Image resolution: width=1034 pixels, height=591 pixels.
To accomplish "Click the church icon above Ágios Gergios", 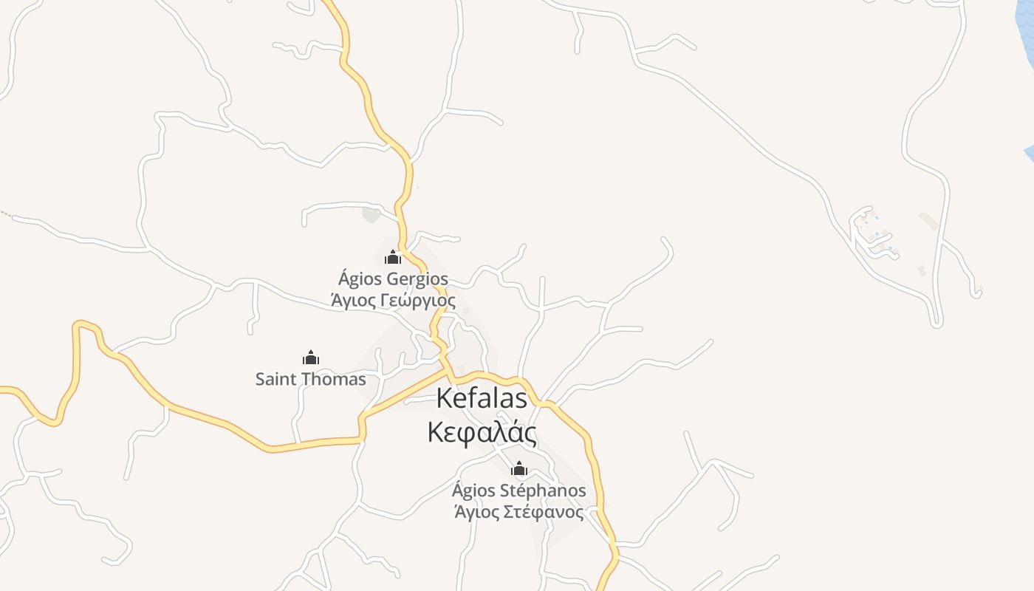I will point(393,257).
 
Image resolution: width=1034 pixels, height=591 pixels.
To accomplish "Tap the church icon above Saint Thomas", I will point(311,358).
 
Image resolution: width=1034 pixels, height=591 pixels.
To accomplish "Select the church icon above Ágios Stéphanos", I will point(519,468).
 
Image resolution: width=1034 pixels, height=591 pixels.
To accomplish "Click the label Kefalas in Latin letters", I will point(482,398).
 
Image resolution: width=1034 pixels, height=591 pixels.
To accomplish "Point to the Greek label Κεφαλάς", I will point(482,432).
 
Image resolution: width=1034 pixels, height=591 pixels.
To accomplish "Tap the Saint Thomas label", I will point(310,380).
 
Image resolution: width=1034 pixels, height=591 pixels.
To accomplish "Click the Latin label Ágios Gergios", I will point(393,279).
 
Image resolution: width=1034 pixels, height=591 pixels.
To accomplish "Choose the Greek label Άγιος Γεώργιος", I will point(393,301).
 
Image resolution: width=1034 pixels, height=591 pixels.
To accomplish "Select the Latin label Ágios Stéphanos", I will point(519,491).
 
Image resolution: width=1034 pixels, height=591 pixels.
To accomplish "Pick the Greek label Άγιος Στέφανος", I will point(519,512).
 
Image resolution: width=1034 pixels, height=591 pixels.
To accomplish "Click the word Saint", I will point(275,380).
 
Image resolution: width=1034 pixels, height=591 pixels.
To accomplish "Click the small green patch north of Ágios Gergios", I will point(371,215).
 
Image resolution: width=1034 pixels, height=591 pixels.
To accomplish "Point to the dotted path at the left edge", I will point(5,214).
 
